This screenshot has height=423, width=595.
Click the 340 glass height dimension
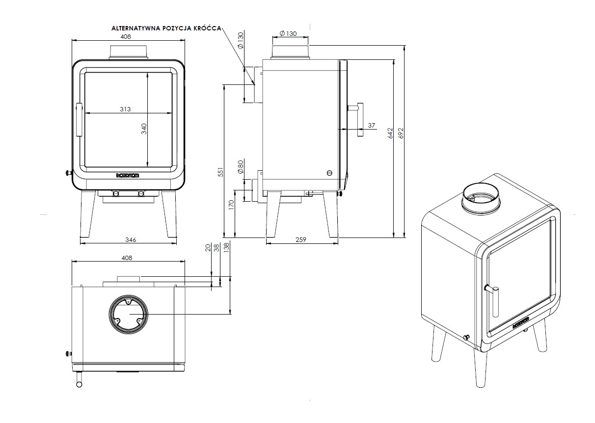pos(144,129)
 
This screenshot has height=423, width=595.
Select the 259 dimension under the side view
pos(301,239)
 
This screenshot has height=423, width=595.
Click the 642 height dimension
pos(390,133)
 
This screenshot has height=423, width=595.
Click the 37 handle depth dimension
pos(371,126)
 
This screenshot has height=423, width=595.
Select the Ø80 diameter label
pos(241,167)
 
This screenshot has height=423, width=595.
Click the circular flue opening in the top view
pos(127,314)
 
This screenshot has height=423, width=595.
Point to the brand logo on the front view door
pos(128,175)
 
